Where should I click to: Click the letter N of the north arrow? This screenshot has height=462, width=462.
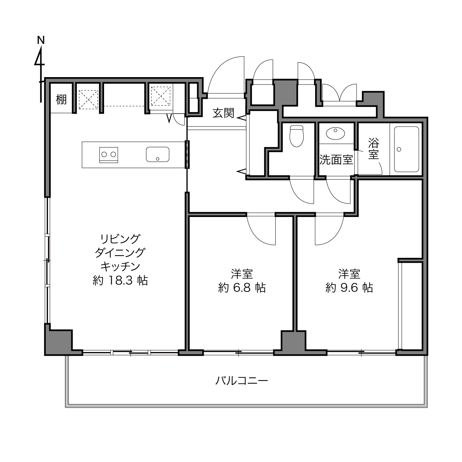click(41, 40)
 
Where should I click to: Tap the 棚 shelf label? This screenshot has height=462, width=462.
click(61, 100)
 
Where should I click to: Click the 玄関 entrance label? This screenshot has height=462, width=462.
click(224, 113)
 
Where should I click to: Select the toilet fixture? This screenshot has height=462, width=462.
click(297, 136)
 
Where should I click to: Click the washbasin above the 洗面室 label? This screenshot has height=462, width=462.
click(335, 133)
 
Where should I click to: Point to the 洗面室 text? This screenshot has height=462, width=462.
click(336, 160)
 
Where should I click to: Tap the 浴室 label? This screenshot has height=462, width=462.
click(373, 149)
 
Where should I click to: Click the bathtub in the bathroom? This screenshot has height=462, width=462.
click(406, 149)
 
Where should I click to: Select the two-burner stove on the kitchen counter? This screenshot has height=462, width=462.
click(108, 155)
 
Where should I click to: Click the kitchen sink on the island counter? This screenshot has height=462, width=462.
click(158, 154)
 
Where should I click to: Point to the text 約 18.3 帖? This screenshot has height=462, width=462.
click(120, 280)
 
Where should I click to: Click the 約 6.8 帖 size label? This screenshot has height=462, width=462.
click(242, 287)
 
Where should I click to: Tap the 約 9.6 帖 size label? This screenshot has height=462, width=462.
click(349, 287)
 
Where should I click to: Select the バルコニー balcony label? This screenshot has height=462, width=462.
click(241, 380)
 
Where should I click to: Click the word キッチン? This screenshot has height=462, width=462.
click(120, 266)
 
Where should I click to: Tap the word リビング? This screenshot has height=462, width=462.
click(120, 239)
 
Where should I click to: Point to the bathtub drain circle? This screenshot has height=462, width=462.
click(399, 149)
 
